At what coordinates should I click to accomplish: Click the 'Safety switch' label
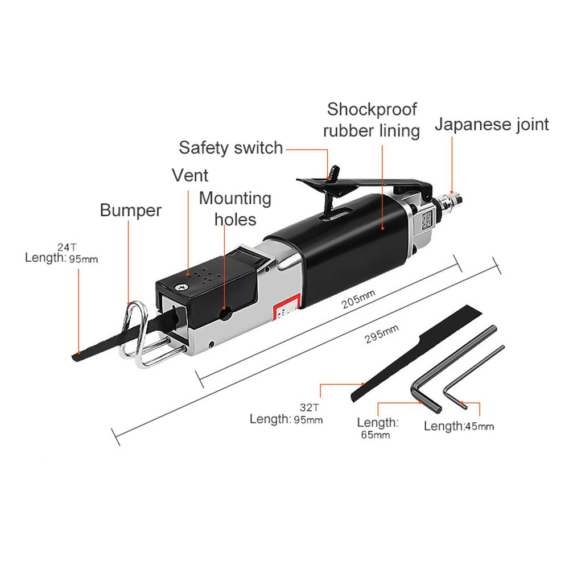click(x=230, y=148)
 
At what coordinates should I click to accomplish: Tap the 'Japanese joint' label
click(x=492, y=124)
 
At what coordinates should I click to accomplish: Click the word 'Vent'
click(x=190, y=175)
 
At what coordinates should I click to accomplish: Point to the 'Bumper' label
click(x=130, y=210)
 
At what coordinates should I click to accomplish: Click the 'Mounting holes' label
click(x=235, y=208)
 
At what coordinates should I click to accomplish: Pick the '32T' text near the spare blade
click(x=308, y=408)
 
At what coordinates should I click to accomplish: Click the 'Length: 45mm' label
click(x=459, y=426)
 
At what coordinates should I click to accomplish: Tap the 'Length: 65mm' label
click(x=377, y=428)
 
